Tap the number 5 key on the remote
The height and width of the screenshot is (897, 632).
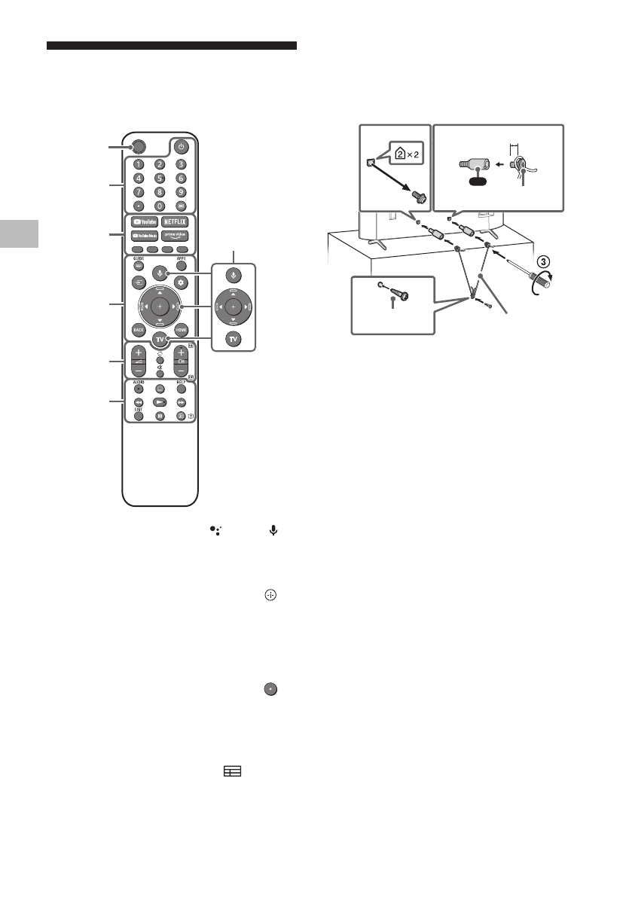tap(160, 178)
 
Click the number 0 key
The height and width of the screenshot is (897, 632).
tap(160, 206)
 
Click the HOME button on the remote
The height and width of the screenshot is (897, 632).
tap(180, 329)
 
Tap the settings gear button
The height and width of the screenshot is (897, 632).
tap(180, 282)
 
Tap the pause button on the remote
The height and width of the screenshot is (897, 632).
tap(160, 416)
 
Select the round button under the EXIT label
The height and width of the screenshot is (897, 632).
tap(139, 416)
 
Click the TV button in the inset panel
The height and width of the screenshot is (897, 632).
tap(234, 339)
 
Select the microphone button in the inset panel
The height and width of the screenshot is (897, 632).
tap(234, 274)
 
